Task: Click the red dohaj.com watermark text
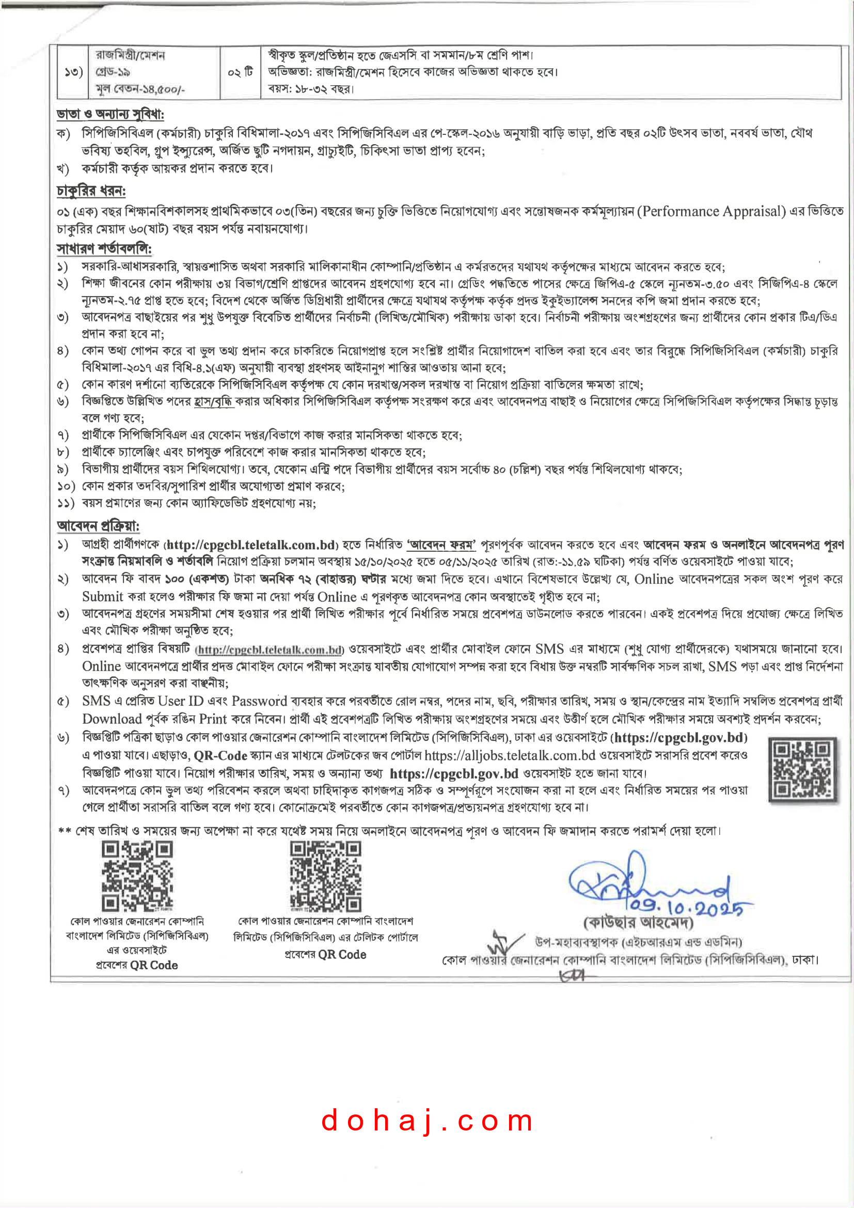pyautogui.click(x=427, y=1121)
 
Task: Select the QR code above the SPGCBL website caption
pyautogui.click(x=137, y=875)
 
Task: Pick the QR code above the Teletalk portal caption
pyautogui.click(x=325, y=875)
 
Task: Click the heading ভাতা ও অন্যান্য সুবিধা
pyautogui.click(x=110, y=114)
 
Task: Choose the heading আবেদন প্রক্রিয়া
pyautogui.click(x=98, y=525)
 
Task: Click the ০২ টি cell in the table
pyautogui.click(x=240, y=72)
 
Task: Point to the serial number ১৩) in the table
pyautogui.click(x=74, y=72)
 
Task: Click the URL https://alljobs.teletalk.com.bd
pyautogui.click(x=510, y=755)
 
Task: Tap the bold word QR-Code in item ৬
pyautogui.click(x=220, y=755)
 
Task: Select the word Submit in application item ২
pyautogui.click(x=103, y=597)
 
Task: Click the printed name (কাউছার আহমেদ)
pyautogui.click(x=638, y=922)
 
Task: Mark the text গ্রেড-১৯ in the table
pyautogui.click(x=113, y=72)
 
